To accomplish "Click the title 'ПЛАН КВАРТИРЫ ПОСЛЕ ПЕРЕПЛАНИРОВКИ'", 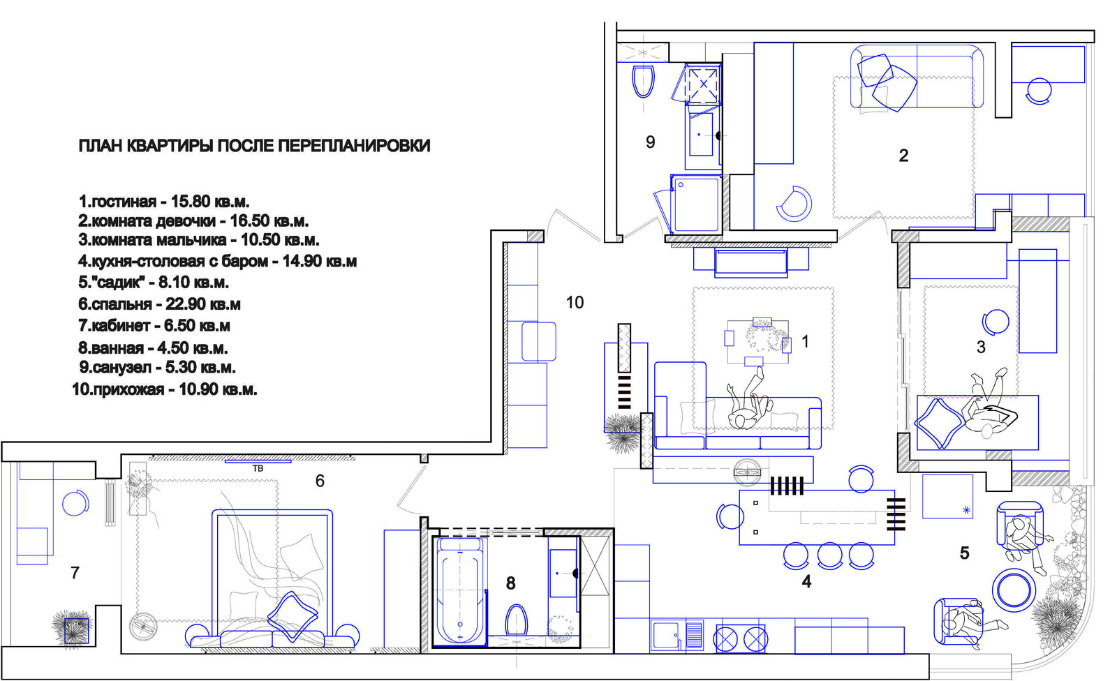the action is [x=254, y=146].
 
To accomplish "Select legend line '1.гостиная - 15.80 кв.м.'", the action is [x=163, y=202].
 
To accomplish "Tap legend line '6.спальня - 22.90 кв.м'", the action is [x=159, y=304].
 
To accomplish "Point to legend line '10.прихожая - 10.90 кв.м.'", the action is [x=165, y=389].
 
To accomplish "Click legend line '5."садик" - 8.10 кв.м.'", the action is [x=154, y=282].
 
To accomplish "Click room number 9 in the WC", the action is [x=650, y=142].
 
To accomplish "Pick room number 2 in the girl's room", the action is [x=903, y=156].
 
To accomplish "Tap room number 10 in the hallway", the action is [x=575, y=302].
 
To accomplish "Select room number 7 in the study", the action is [x=75, y=573].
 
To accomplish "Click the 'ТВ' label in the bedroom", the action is [x=258, y=469].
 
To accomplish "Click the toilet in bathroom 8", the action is [x=517, y=620].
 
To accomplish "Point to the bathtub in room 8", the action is [x=460, y=592].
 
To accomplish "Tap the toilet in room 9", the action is [x=643, y=82].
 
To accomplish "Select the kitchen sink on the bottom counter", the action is [x=666, y=635].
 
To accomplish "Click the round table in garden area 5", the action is [x=1011, y=590].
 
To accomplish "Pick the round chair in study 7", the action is [x=75, y=503].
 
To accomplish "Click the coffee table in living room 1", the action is [x=757, y=342].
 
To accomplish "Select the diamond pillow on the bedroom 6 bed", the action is [x=293, y=616].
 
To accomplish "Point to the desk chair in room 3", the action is [x=996, y=322].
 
